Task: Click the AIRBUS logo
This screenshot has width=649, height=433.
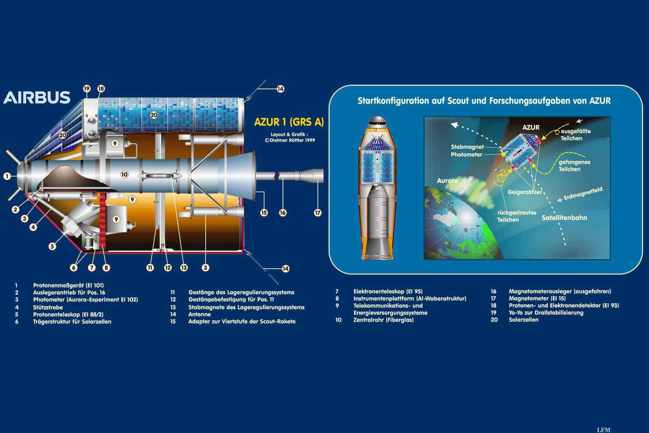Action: (37, 97)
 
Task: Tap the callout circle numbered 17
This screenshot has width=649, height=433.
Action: (317, 213)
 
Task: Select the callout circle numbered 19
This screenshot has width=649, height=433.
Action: (87, 89)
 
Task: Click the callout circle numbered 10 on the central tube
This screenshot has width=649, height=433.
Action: (124, 174)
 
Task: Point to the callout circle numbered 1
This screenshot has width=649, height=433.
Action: (7, 176)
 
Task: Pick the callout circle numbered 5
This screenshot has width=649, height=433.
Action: (52, 246)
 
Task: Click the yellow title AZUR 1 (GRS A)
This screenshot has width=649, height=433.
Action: (289, 122)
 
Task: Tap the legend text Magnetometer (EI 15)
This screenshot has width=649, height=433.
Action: (537, 298)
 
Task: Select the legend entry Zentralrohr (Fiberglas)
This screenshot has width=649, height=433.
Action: (383, 320)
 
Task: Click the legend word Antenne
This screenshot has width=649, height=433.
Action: (200, 314)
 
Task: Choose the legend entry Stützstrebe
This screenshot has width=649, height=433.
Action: (48, 307)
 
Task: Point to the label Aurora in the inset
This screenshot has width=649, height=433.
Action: (447, 181)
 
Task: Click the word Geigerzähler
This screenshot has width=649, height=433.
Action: (524, 192)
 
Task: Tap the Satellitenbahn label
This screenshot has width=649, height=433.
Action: (564, 218)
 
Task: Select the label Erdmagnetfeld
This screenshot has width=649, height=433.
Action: (583, 194)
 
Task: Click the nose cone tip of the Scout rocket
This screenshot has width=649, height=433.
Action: (376, 116)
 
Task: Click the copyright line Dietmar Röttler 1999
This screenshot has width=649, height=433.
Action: (290, 141)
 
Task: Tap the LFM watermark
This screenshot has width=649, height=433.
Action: (604, 430)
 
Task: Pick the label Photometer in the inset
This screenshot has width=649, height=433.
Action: (466, 155)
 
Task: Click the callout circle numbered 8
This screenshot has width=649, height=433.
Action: (106, 268)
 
